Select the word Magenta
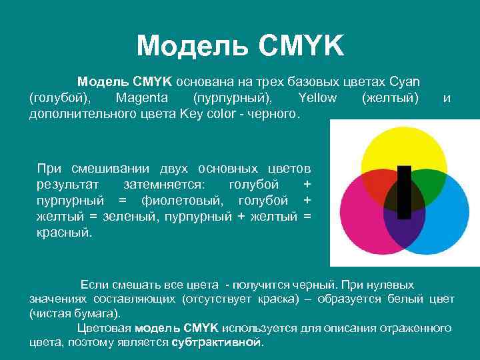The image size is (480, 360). [x=141, y=98]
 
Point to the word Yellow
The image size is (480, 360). [x=318, y=98]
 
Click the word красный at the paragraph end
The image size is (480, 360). [x=65, y=233]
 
